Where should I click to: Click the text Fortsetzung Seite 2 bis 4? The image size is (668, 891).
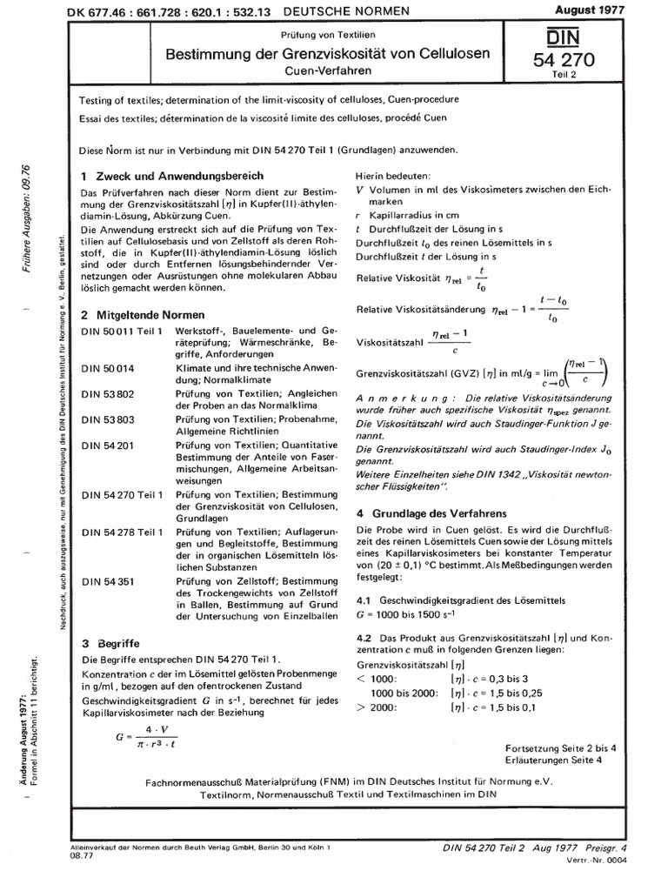click(560, 747)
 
